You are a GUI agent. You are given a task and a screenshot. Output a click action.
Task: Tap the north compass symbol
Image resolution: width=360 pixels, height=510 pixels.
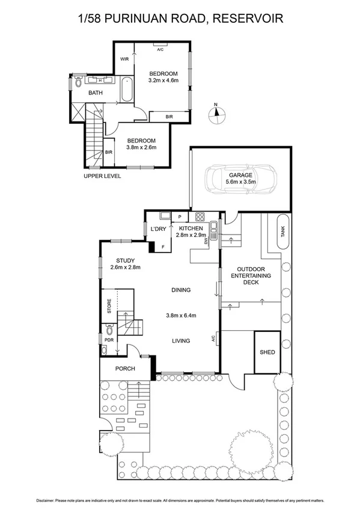216,114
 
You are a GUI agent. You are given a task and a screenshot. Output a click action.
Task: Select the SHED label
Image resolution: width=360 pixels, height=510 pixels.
267,352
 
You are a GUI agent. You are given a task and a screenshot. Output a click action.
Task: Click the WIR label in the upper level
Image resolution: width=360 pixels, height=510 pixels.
124,60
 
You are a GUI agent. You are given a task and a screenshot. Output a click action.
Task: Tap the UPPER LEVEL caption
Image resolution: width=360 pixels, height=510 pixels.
102,176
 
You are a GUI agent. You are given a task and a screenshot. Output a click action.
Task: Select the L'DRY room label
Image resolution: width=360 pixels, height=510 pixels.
158,229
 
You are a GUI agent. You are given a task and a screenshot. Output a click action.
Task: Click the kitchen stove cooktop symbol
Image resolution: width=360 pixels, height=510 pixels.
200,217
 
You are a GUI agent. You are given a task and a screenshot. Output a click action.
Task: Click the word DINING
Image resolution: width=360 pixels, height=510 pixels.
180,290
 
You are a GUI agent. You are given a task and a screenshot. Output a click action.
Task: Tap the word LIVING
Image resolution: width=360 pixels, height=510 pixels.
180,341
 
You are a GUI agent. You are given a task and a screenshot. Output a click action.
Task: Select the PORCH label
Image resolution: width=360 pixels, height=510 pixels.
125,369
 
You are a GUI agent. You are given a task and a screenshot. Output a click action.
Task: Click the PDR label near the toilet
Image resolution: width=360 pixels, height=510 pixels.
109,340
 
